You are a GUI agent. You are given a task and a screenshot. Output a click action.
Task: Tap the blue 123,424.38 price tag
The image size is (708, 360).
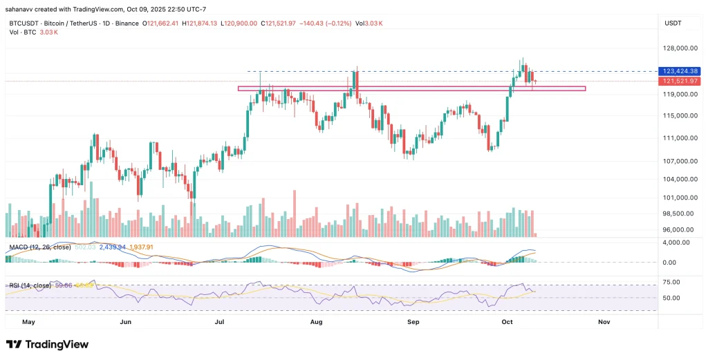[x=680, y=71]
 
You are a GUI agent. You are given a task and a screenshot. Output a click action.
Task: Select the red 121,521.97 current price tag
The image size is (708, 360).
[x=680, y=81]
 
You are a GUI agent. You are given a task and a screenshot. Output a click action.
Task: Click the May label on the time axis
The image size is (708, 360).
[x=28, y=322]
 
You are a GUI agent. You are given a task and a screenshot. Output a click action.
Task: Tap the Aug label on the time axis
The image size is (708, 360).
[x=317, y=322]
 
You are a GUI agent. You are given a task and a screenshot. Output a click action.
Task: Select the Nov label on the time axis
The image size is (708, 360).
[x=604, y=322]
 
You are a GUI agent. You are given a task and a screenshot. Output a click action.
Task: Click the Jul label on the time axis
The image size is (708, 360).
[x=221, y=322]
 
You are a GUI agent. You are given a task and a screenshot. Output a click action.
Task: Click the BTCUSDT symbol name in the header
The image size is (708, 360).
[x=22, y=23]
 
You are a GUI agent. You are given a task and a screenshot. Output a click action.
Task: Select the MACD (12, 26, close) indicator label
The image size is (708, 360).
[x=38, y=247]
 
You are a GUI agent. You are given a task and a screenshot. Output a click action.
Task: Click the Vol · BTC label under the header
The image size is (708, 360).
[x=20, y=32]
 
